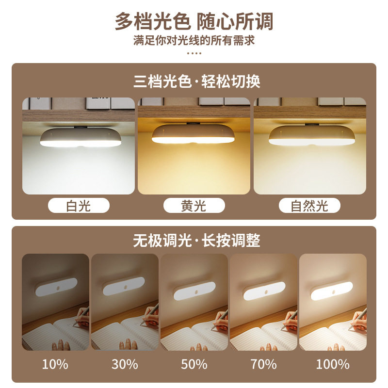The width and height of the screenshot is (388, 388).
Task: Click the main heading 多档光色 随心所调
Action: (194, 21)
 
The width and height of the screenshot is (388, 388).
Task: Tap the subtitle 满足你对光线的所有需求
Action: (194, 40)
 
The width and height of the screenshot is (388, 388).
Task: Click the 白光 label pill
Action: (79, 205)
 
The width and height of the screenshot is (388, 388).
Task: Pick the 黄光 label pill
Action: (194, 205)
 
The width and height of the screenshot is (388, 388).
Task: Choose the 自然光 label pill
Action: (309, 205)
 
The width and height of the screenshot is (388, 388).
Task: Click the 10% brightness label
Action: (55, 364)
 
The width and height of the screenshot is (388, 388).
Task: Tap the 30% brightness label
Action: (125, 364)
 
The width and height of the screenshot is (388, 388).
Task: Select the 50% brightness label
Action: (194, 364)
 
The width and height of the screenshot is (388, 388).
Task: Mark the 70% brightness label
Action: (263, 364)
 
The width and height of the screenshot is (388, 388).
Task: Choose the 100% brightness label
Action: (333, 364)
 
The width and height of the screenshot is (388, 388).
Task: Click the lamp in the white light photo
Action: (81, 137)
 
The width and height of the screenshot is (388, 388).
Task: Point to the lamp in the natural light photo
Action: (312, 135)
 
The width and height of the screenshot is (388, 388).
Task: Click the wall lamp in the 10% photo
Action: (56, 287)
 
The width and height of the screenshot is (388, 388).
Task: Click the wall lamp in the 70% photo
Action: (264, 291)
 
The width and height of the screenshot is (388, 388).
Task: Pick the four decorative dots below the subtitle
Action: (194, 53)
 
